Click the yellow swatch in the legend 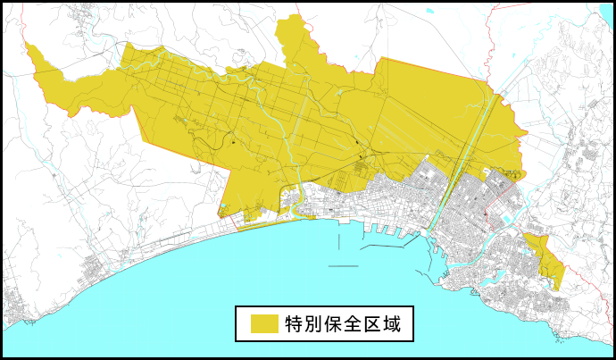(x=263, y=323)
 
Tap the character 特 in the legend (x=296, y=323)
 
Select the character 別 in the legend (x=319, y=323)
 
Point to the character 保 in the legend (x=342, y=323)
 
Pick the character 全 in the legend (x=365, y=323)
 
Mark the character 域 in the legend (x=408, y=323)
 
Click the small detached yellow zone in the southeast (x=545, y=258)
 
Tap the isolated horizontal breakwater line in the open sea (x=343, y=266)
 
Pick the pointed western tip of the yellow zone (x=29, y=46)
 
